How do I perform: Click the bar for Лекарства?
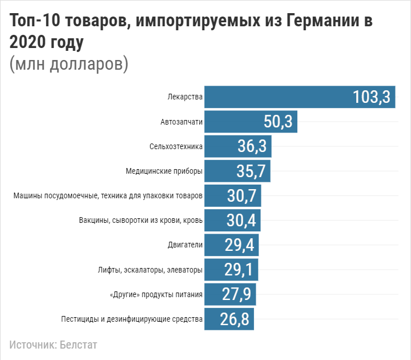tap(300, 97)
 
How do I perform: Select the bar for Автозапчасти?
tap(251, 122)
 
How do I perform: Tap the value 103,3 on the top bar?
tap(371, 97)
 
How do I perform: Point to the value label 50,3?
tap(278, 122)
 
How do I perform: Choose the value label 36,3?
tap(252, 146)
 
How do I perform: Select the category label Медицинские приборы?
tap(164, 171)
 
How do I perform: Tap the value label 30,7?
tap(243, 195)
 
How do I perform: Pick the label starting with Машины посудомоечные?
tap(108, 195)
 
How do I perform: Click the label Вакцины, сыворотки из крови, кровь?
tap(141, 220)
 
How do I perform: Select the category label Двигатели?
tap(186, 245)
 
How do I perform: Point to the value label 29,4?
tap(240, 245)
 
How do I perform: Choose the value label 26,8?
tap(235, 319)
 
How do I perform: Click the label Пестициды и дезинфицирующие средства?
tap(132, 319)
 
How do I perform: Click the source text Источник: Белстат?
tap(49, 345)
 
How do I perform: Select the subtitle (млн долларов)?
tap(68, 63)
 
